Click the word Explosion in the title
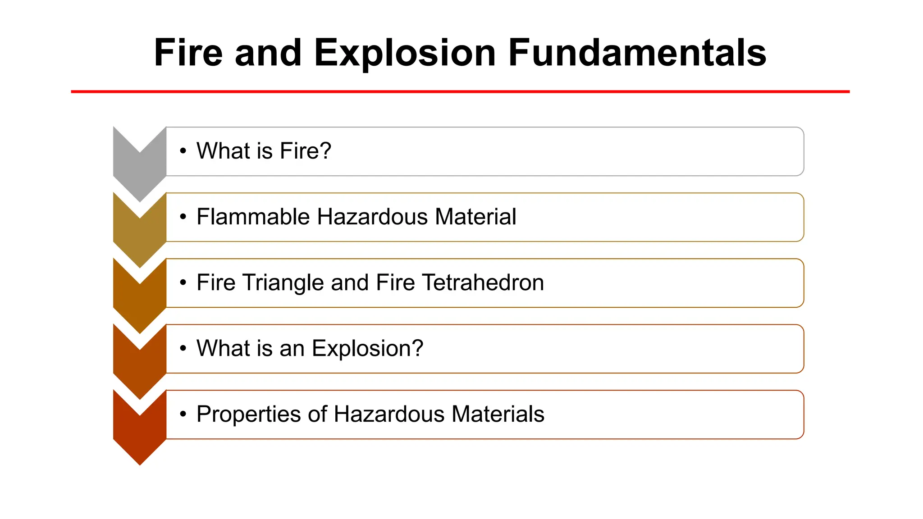point(405,53)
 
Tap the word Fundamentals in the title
point(637,53)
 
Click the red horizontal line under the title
point(460,91)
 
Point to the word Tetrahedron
point(483,282)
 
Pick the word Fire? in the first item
point(305,151)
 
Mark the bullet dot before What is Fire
point(183,151)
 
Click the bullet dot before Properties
point(183,414)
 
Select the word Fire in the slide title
point(188,53)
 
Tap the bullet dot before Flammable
point(183,217)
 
